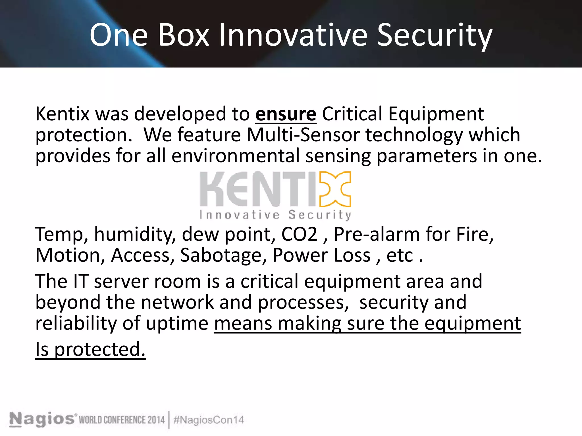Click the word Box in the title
pyautogui.click(x=183, y=35)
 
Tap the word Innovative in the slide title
pyautogui.click(x=293, y=35)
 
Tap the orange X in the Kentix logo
pyautogui.click(x=335, y=189)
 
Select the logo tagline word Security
pyautogui.click(x=320, y=215)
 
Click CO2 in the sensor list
pyautogui.click(x=299, y=234)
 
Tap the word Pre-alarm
pyautogui.click(x=376, y=234)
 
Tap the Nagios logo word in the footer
pyautogui.click(x=42, y=420)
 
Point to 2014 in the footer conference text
pyautogui.click(x=156, y=420)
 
